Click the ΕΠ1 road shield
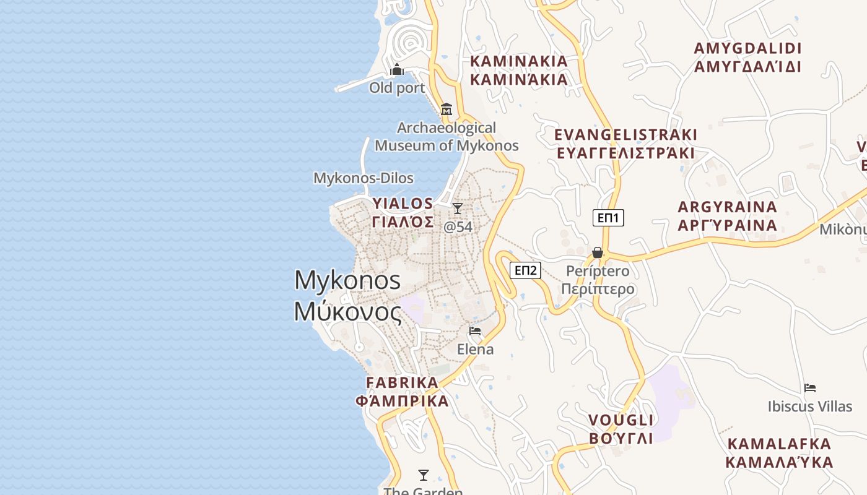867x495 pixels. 608,218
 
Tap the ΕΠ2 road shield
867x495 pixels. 525,270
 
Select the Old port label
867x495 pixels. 397,88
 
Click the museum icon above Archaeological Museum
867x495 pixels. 446,110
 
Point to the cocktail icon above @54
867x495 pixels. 458,209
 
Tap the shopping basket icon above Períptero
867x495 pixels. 598,252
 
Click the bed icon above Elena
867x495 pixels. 475,331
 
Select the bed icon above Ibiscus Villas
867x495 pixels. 810,388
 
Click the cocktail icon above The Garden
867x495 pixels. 424,475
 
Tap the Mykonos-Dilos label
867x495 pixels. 363,178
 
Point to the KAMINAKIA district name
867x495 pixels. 519,61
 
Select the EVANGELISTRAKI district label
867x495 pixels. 625,135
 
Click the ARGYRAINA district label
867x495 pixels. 727,207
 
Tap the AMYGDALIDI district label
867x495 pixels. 747,49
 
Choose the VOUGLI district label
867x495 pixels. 621,421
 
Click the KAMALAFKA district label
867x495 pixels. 779,444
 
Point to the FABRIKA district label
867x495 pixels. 402,382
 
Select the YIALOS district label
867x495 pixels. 403,204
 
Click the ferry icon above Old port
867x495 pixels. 397,69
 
